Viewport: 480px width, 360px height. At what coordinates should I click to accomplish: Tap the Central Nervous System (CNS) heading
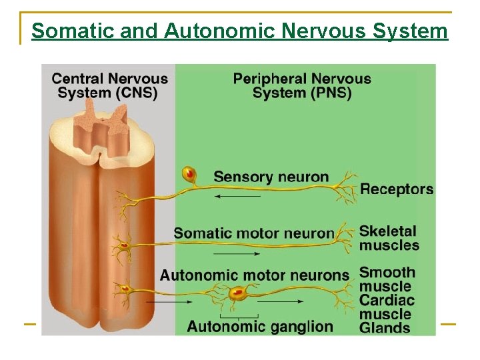109,85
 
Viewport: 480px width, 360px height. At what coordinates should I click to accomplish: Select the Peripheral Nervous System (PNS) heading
302,85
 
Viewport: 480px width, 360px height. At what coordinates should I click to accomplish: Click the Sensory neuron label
271,177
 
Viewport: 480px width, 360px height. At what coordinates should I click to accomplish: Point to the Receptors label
397,189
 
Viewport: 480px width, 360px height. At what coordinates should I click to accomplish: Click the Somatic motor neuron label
253,233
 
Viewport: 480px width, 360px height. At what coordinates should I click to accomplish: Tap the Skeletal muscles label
389,238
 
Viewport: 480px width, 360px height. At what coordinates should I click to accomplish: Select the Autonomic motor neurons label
254,275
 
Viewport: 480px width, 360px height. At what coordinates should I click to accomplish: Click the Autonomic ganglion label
259,326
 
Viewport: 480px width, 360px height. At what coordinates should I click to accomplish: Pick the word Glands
385,328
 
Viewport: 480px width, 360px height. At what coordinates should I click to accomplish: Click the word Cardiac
387,300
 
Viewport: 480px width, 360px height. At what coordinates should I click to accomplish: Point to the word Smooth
387,272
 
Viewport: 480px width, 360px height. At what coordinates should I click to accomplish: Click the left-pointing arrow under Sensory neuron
238,197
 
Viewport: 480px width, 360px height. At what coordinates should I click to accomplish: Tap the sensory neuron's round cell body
189,175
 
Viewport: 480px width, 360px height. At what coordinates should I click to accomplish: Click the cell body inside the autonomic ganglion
237,292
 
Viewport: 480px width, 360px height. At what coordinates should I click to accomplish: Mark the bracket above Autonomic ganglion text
239,315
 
